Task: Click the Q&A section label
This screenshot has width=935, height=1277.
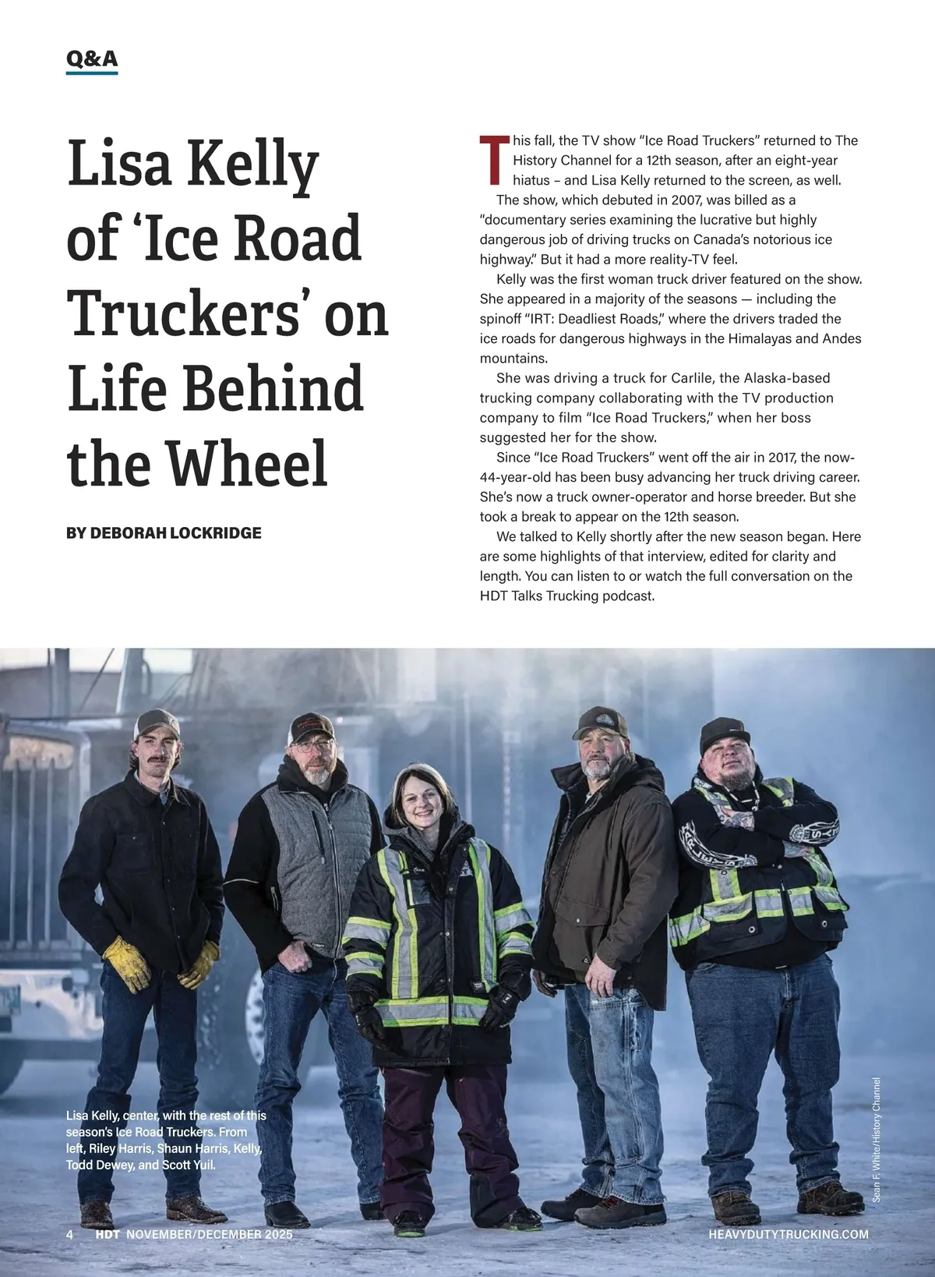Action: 92,58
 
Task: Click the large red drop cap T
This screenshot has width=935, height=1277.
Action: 494,159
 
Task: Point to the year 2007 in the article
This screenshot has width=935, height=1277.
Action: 686,200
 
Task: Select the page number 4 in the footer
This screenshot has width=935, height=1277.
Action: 70,1234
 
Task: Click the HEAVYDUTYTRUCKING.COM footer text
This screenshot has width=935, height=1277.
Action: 789,1234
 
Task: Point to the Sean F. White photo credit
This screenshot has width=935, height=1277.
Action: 877,1138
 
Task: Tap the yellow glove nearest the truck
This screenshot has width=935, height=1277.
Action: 126,963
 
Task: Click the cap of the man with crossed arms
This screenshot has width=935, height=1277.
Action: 724,732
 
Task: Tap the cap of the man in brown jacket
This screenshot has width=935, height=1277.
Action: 600,723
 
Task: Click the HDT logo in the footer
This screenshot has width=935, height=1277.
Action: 108,1234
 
